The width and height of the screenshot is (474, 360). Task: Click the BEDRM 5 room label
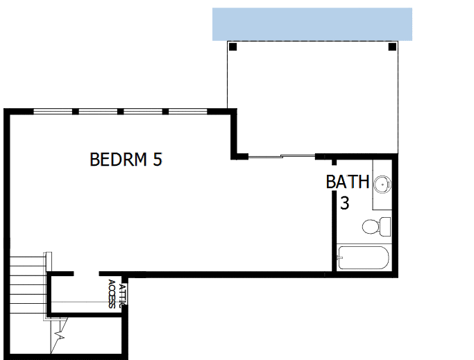(126, 160)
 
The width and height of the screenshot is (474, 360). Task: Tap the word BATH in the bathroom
(348, 182)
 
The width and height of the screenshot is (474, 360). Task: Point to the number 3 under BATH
(344, 204)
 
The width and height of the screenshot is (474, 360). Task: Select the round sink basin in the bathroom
(381, 185)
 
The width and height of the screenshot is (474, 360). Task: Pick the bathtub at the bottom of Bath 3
(363, 258)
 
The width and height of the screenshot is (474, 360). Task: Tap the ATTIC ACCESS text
(116, 295)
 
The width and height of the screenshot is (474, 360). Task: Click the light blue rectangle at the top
(312, 24)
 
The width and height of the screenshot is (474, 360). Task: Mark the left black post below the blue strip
(232, 47)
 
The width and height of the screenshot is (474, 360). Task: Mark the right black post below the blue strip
(392, 47)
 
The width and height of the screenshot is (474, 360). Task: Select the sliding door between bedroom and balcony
(281, 156)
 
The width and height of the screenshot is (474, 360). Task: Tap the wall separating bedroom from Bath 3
(334, 222)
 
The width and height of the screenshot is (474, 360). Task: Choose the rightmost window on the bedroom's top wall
(187, 111)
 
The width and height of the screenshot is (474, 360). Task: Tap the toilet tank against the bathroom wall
(385, 226)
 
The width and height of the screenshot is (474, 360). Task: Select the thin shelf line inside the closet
(83, 302)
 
